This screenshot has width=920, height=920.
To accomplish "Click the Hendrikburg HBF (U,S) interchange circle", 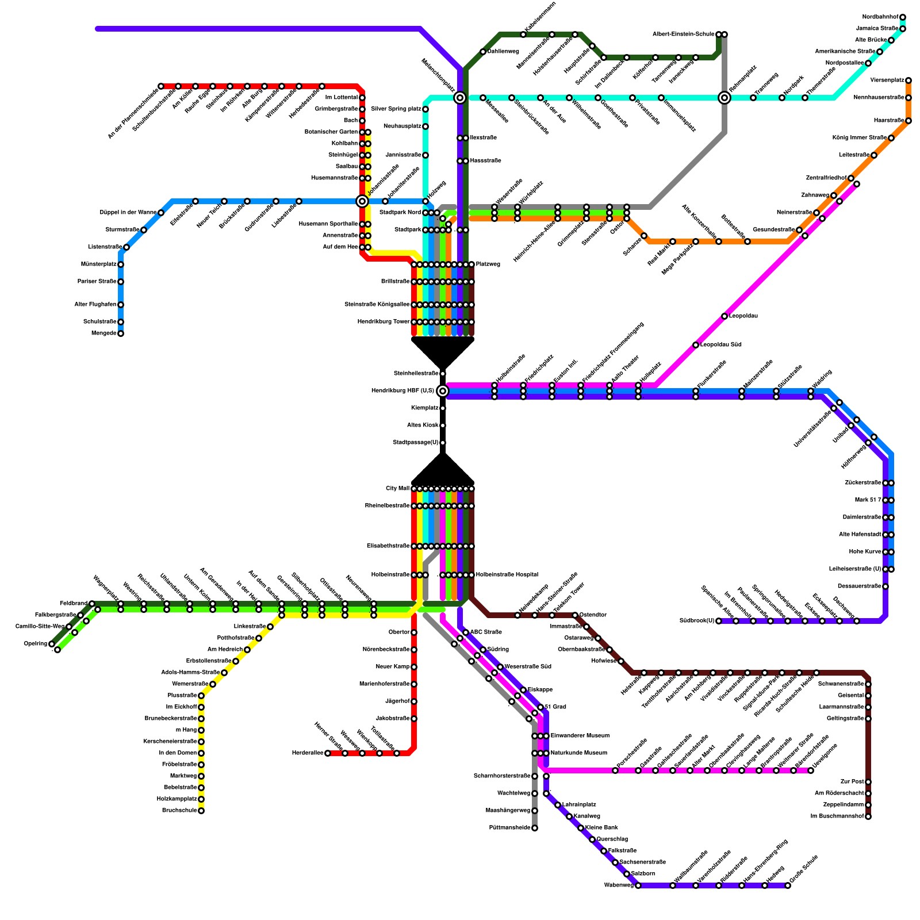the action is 443,391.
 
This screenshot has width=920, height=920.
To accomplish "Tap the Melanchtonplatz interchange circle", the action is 460,98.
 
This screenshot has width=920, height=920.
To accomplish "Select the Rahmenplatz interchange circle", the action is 724,98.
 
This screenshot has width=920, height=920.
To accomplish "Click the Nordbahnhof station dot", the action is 903,17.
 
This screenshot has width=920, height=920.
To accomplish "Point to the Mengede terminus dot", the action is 121,333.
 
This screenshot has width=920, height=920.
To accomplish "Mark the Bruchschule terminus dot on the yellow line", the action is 201,811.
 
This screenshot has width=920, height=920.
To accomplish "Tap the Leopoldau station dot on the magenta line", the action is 724,316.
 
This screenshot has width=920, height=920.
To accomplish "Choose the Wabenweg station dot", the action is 638,885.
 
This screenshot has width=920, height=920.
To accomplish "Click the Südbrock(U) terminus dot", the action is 719,621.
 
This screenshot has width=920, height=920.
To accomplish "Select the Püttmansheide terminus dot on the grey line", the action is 535,828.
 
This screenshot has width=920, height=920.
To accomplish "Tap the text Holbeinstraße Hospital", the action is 507,575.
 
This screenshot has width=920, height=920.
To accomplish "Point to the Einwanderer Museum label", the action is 580,736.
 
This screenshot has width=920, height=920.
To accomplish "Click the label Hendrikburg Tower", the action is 384,322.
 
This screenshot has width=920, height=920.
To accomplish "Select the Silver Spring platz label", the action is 396,109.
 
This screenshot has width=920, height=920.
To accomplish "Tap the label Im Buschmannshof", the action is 837,816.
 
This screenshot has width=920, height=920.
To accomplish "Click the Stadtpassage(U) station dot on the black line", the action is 443,443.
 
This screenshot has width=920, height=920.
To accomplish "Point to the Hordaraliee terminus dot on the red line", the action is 328,753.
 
